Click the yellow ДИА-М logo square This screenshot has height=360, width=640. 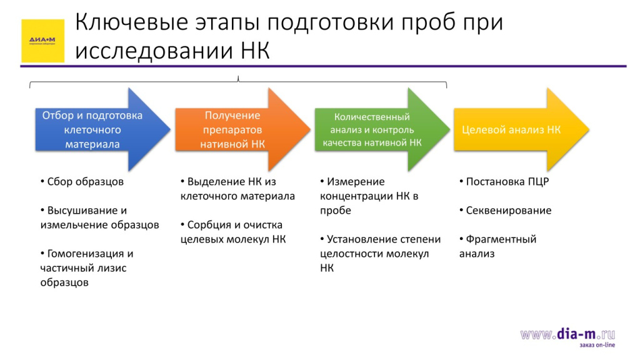(x=42, y=41)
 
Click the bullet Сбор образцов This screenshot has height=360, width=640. (x=85, y=182)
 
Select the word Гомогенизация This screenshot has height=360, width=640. (x=86, y=254)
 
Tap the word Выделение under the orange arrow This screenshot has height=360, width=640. (x=212, y=182)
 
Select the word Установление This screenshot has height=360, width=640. (x=364, y=239)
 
